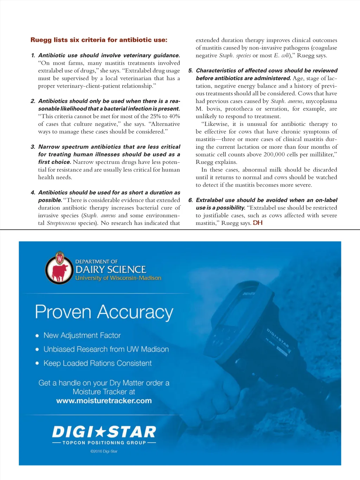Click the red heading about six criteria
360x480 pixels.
coord(99,40)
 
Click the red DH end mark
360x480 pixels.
coord(258,223)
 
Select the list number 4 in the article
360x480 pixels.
coord(33,193)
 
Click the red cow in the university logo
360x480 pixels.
coord(60,272)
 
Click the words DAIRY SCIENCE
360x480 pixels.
coord(111,270)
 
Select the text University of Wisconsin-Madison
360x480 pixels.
coord(118,278)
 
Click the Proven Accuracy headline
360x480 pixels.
coord(104,312)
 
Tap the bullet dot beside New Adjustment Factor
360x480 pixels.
coord(37,336)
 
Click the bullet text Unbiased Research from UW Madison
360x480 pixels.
coord(106,350)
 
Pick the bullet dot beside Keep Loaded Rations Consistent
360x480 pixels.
coord(37,363)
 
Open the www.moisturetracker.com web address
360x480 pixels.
coord(104,401)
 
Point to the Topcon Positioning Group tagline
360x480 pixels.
coord(104,443)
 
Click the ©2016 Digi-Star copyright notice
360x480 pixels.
coord(104,451)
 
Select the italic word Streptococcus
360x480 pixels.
coord(61,223)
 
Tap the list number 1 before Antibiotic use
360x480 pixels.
coord(33,56)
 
